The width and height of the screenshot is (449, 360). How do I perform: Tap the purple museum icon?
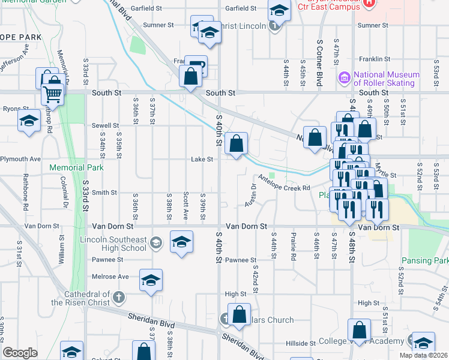(x=344, y=77)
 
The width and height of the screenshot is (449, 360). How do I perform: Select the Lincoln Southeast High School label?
(x=113, y=244)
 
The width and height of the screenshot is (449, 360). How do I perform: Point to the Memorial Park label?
(x=77, y=168)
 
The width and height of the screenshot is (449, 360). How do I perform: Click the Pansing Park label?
(x=425, y=261)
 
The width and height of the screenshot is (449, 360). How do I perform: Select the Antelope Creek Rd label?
(x=284, y=182)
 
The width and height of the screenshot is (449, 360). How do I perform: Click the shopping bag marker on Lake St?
(x=237, y=144)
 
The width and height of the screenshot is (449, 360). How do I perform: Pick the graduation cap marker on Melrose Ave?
(x=151, y=280)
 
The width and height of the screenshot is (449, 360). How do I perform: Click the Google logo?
(x=20, y=352)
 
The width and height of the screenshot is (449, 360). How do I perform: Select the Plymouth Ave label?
(x=20, y=159)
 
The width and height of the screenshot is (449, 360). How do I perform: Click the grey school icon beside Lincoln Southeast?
(x=155, y=242)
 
